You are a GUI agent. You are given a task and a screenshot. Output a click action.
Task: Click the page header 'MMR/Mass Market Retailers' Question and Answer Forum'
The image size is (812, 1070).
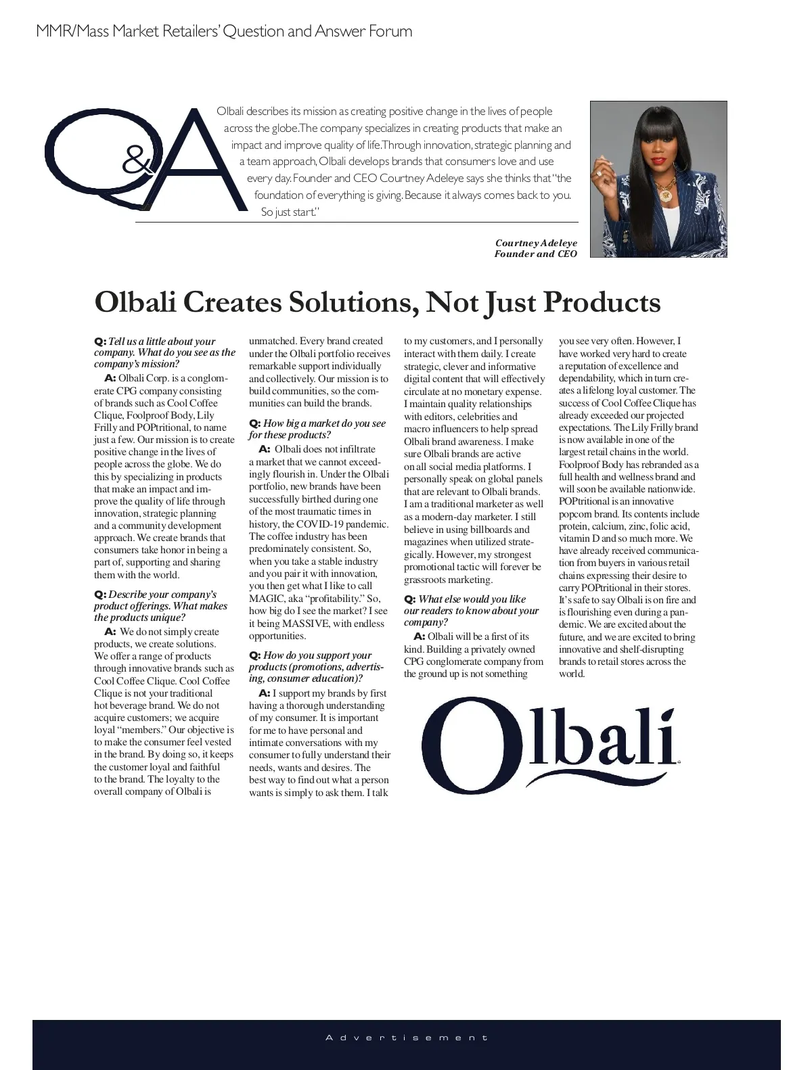(224, 31)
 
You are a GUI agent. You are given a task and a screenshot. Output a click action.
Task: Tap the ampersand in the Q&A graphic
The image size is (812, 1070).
(137, 162)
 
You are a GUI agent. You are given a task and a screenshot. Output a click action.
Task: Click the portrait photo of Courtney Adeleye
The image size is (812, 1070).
(658, 179)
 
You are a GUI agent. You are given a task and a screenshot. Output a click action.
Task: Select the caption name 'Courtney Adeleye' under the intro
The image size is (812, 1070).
(536, 243)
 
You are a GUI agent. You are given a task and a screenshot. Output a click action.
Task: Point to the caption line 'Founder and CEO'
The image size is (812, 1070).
(535, 254)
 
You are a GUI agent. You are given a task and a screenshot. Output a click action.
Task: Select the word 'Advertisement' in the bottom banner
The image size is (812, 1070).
(406, 1037)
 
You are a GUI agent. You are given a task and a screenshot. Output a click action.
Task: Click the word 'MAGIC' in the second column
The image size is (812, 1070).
(267, 599)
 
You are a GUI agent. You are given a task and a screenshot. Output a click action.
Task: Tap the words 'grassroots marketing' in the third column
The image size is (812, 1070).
(447, 580)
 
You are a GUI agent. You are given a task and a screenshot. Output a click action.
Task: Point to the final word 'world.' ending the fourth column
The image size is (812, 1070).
(571, 674)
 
